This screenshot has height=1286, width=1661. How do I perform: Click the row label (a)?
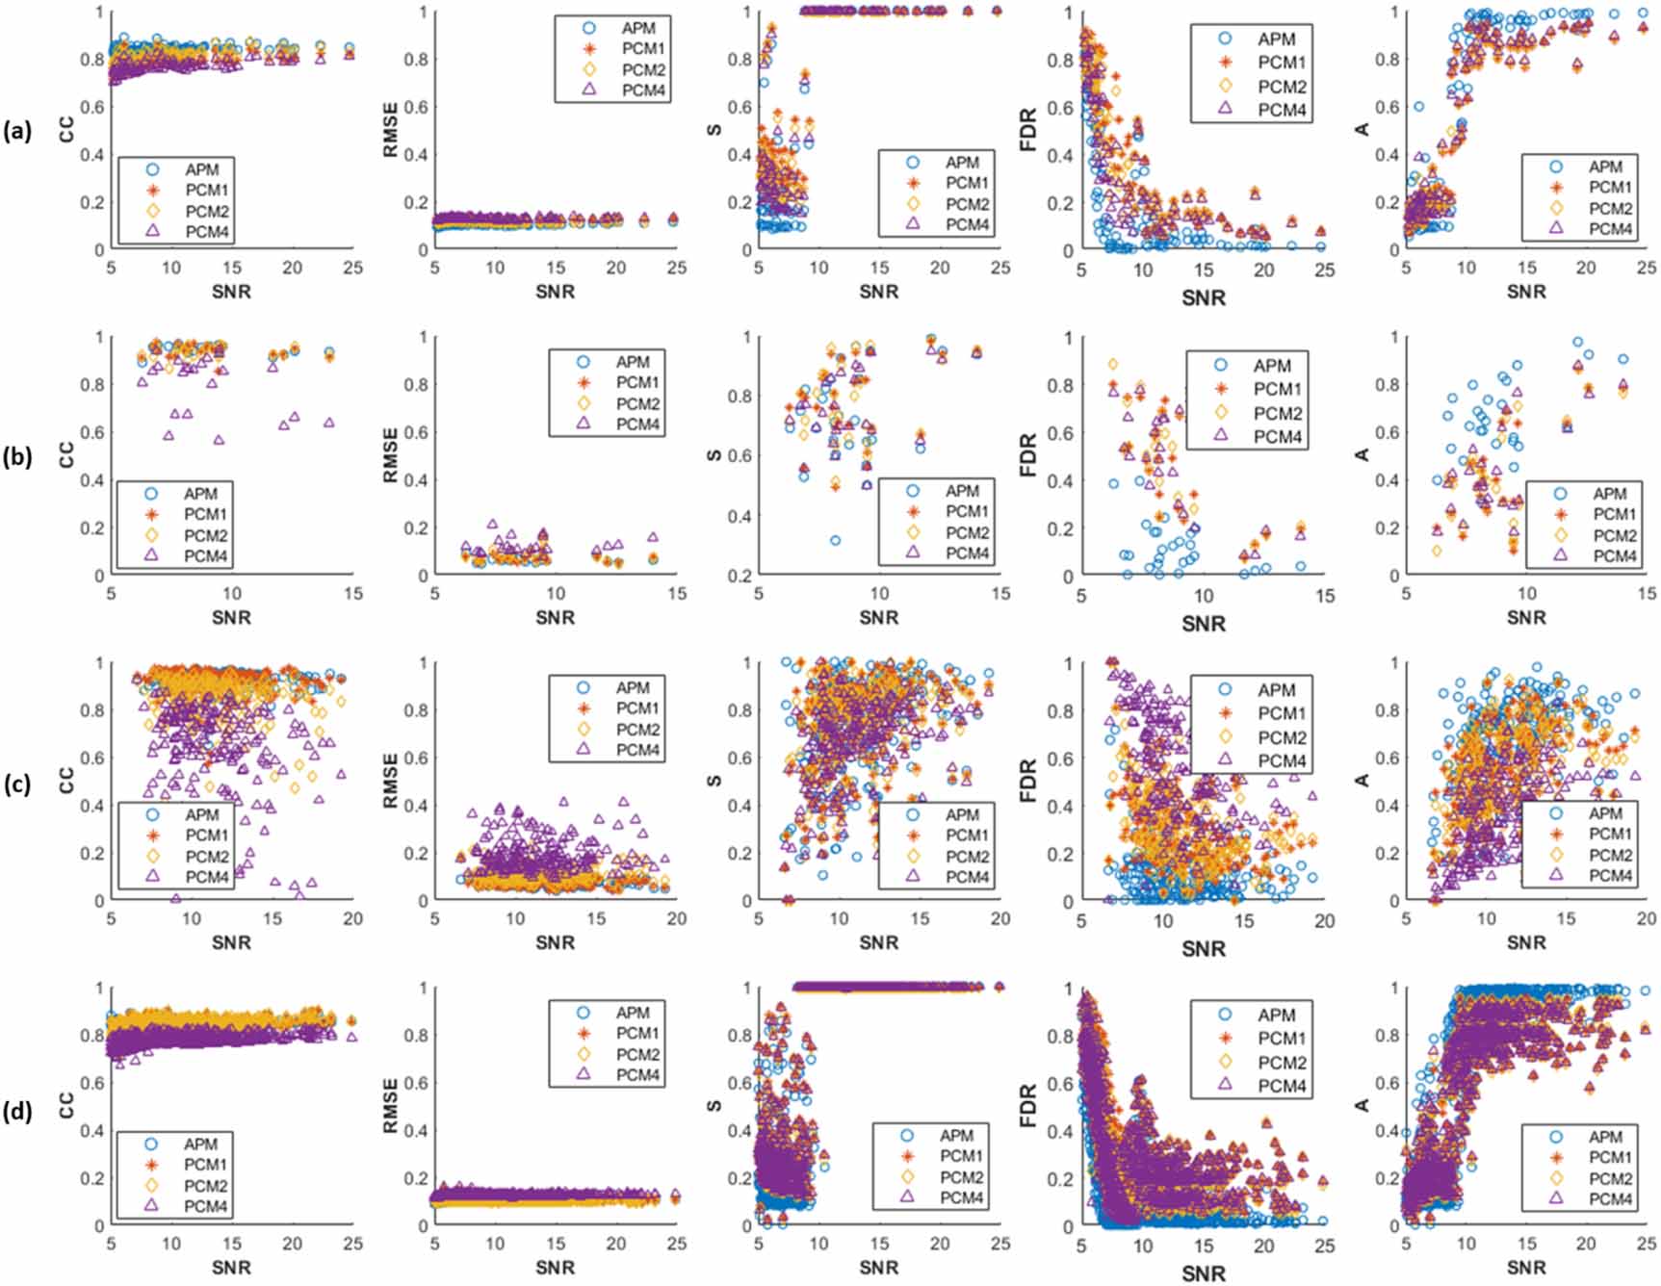pos(17,131)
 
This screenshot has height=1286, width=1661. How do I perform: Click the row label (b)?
pos(17,456)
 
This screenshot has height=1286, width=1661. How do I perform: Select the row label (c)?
pos(17,783)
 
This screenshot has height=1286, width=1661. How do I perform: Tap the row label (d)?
pos(17,1109)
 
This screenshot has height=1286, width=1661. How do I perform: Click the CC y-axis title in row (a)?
pos(66,130)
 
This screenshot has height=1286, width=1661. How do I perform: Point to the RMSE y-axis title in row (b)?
pos(390,455)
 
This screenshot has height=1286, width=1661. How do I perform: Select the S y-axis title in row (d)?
pos(714,1106)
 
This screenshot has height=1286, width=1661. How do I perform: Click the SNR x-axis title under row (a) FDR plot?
pos(1203,297)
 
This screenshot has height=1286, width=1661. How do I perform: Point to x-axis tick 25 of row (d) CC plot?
pos(352,1244)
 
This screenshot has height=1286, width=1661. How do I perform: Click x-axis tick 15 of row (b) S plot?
pos(1000,594)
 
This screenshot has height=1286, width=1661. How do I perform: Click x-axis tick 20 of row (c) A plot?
pos(1647,918)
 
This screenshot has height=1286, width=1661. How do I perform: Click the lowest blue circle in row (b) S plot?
pos(835,540)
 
